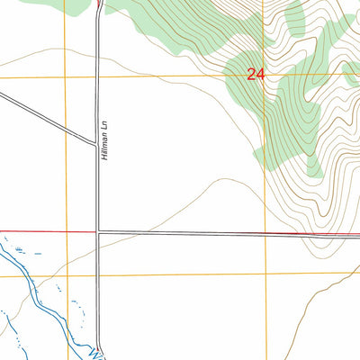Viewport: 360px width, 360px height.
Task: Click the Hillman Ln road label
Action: (104, 145)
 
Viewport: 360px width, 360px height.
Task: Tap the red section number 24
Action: (256, 76)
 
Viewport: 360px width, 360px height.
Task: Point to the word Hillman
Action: (104, 150)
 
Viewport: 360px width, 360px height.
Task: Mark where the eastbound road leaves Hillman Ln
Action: (98, 232)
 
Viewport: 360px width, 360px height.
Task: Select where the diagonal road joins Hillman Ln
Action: (96, 144)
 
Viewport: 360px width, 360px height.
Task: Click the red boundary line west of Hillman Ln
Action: (45, 231)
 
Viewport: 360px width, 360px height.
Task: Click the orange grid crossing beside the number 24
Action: (265, 75)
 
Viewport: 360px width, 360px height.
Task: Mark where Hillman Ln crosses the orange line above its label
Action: (98, 76)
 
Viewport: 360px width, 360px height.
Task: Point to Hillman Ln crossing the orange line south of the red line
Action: (98, 274)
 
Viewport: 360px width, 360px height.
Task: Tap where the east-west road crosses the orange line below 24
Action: (265, 234)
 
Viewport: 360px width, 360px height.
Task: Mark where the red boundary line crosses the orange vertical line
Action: (66, 231)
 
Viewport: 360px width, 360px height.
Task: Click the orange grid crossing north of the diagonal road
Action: (66, 76)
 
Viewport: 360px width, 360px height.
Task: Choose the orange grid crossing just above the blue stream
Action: (66, 275)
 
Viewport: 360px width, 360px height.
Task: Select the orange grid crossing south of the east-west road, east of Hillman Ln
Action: (265, 273)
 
